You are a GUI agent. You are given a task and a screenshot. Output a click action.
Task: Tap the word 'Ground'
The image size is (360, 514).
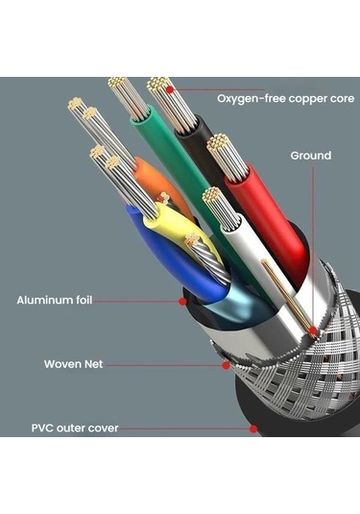tap(310, 156)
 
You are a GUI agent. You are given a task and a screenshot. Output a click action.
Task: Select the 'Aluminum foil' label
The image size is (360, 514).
tap(55, 301)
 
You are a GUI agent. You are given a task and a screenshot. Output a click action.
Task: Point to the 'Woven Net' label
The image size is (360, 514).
tap(74, 364)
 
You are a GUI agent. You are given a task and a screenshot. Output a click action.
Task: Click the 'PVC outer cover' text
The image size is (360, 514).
tap(74, 428)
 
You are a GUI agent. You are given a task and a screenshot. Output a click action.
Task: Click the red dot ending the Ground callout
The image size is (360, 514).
tap(314, 332)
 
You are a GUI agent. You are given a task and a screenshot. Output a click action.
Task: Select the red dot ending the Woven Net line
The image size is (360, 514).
tap(225, 365)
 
